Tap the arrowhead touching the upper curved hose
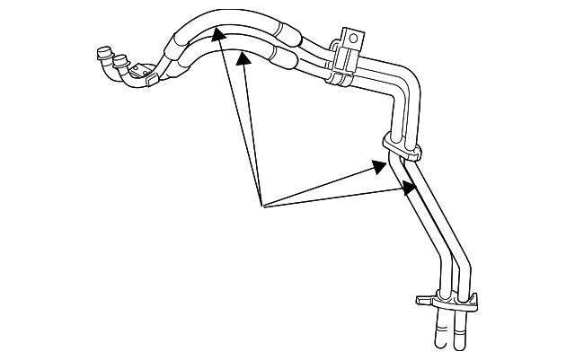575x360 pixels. click(x=216, y=33)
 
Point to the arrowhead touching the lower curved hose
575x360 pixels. click(x=242, y=58)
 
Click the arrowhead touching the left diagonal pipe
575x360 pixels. click(x=383, y=164)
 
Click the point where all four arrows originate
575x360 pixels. click(x=261, y=206)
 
